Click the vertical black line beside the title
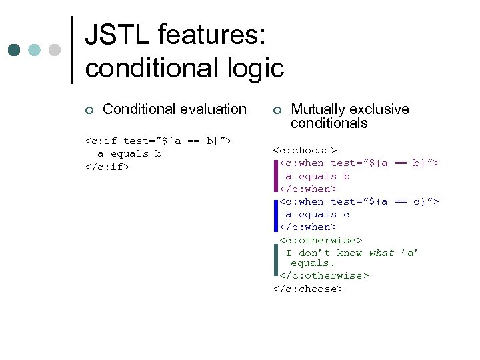pyautogui.click(x=72, y=50)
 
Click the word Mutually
pyautogui.click(x=318, y=109)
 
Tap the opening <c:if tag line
pyautogui.click(x=158, y=141)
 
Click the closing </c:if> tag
pyautogui.click(x=107, y=166)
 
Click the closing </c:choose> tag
pyautogui.click(x=308, y=289)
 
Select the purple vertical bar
pyautogui.click(x=275, y=176)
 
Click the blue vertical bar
pyautogui.click(x=275, y=214)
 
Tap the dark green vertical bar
pyautogui.click(x=275, y=259)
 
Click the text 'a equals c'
pyautogui.click(x=317, y=214)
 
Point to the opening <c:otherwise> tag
pyautogui.click(x=321, y=239)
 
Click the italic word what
pyautogui.click(x=381, y=253)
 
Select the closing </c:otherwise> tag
pyautogui.click(x=324, y=275)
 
